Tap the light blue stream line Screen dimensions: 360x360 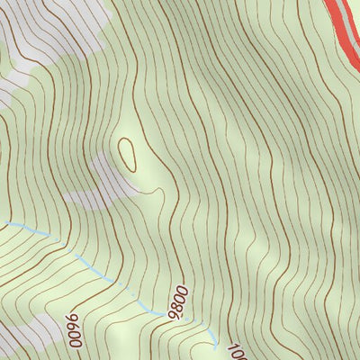tap(90, 265)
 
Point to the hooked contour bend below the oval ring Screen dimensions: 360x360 tap(160, 191)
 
